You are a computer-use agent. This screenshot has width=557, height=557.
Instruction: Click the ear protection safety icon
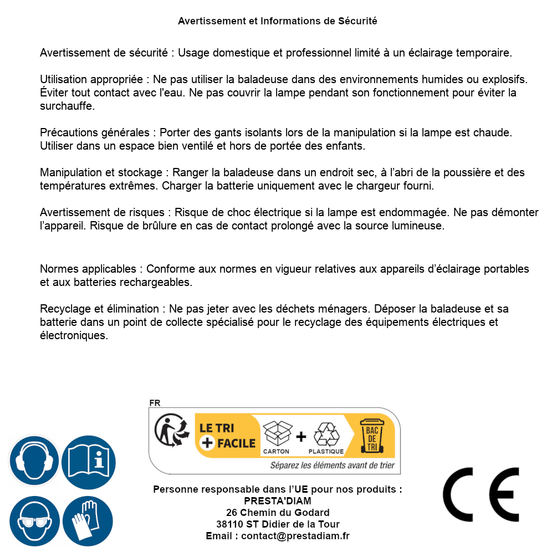(x=34, y=461)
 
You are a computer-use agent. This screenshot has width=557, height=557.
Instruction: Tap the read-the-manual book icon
(x=89, y=461)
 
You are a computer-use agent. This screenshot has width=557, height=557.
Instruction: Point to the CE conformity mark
(x=481, y=494)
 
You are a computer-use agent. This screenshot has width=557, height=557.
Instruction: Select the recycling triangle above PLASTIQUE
(x=326, y=434)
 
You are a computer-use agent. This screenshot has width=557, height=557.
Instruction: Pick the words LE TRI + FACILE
(x=227, y=436)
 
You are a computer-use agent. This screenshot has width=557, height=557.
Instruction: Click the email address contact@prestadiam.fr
(x=295, y=536)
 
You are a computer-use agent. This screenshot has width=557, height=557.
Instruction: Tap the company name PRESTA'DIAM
(x=278, y=501)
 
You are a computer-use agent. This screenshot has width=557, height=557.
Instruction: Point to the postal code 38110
(x=229, y=524)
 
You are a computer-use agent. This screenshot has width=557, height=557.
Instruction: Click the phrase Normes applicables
(x=88, y=269)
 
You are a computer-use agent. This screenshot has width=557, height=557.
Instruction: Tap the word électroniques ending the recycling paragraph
(x=74, y=335)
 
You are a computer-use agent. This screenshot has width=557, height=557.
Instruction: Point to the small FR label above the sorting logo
(x=155, y=403)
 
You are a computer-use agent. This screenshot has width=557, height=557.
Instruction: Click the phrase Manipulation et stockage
(x=101, y=173)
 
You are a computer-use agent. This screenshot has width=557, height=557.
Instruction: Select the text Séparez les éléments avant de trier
(x=333, y=465)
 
